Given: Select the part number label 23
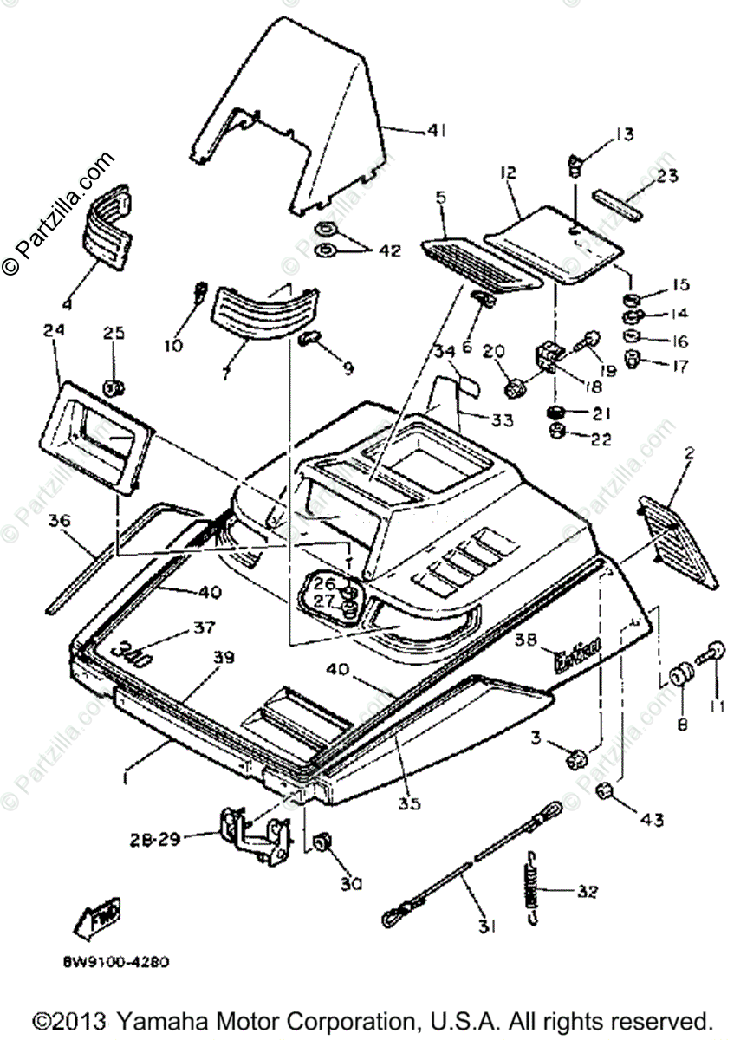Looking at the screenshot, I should [667, 176].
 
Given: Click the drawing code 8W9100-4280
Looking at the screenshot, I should [114, 961].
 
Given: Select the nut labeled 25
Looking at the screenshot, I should [113, 387].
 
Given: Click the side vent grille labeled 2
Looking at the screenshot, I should [680, 537].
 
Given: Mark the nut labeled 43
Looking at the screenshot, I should [607, 790].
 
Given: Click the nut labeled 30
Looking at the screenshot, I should [322, 842].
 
